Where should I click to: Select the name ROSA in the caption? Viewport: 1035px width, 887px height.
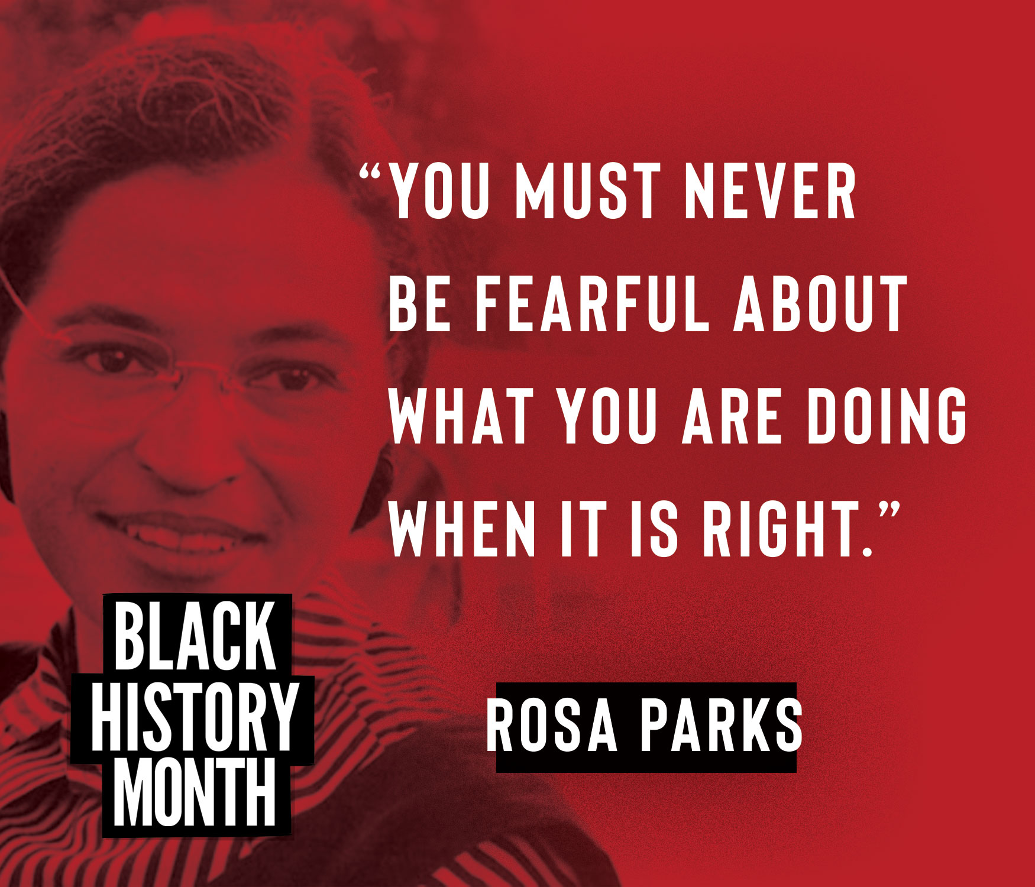click(x=552, y=724)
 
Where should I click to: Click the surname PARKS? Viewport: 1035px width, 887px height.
click(x=722, y=724)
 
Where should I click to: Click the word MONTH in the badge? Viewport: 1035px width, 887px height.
click(x=195, y=792)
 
